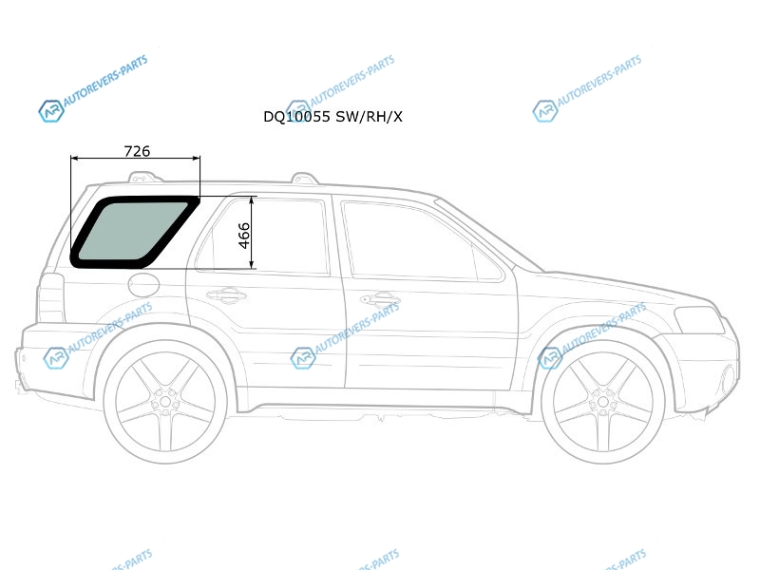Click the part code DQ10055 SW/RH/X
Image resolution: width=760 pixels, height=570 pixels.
[x=332, y=117]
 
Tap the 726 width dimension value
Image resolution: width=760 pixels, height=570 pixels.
[x=137, y=151]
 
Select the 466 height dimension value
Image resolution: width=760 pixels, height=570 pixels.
[x=244, y=236]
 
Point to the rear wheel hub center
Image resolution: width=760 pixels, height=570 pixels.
[x=165, y=401]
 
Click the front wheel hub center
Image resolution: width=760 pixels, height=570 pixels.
[x=603, y=402]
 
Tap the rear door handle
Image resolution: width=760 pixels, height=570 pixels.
[x=226, y=295]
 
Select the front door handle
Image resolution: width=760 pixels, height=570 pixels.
[x=380, y=299]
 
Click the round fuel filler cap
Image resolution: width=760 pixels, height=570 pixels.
[x=144, y=284]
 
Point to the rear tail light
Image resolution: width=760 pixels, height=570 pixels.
[x=51, y=297]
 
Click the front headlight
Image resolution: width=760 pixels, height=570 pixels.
[x=699, y=320]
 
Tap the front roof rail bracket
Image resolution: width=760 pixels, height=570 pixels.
[x=305, y=179]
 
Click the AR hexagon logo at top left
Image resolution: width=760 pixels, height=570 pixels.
[x=51, y=111]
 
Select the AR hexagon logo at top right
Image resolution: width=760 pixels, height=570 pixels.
[x=545, y=111]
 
